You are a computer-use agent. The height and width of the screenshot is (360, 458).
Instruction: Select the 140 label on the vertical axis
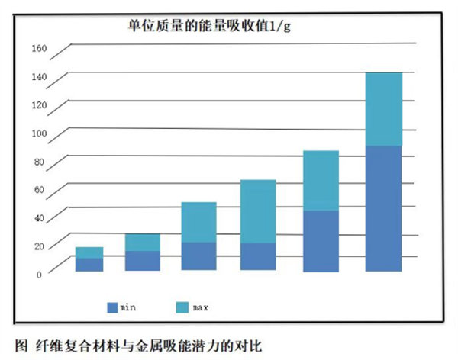pos(39,78)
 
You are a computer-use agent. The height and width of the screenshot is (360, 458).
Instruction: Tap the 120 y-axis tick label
pos(39,106)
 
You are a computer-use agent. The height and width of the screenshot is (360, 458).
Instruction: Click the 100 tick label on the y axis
pos(39,134)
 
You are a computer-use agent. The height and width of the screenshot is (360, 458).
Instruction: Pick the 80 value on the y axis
pos(41,162)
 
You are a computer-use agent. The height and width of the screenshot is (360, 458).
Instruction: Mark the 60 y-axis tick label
pos(41,190)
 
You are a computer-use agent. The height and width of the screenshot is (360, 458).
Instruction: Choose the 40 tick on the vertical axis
pos(41,218)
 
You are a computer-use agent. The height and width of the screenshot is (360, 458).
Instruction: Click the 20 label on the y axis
pos(41,246)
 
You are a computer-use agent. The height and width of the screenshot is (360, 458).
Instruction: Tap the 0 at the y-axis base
pos(44,274)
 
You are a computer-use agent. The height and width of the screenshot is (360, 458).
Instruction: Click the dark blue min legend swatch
pos(113,307)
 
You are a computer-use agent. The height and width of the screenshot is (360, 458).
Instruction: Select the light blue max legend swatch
pos(181,307)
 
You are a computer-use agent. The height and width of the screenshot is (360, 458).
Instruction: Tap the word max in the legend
pos(200,307)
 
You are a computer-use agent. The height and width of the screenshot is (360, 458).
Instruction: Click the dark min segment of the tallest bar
pos(383,207)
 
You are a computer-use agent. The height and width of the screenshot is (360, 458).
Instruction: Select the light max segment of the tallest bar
pos(383,108)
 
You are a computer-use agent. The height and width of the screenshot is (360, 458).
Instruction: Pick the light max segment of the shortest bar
pos(89,252)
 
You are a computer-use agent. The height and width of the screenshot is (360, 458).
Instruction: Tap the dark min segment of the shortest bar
pos(89,265)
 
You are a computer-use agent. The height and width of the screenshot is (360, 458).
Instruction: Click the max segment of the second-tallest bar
pos(321,180)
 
